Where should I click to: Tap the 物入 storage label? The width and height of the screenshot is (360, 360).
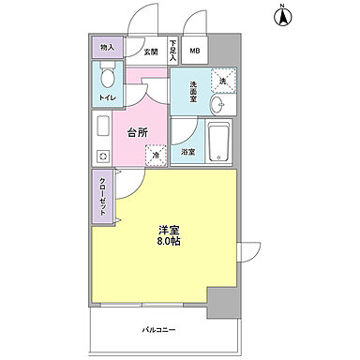tap(106, 48)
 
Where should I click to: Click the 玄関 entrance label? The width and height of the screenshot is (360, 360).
tap(151, 51)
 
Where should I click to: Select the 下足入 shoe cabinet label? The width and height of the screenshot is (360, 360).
tap(173, 49)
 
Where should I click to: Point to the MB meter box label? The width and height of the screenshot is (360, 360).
tap(195, 51)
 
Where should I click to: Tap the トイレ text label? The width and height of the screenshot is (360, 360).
tap(106, 97)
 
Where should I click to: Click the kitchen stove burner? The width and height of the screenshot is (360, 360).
tap(102, 156)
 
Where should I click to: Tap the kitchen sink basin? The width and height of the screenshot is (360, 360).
tap(102, 125)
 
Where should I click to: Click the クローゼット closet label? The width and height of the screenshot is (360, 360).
tap(102, 198)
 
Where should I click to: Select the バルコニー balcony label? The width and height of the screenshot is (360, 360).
tap(159, 329)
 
